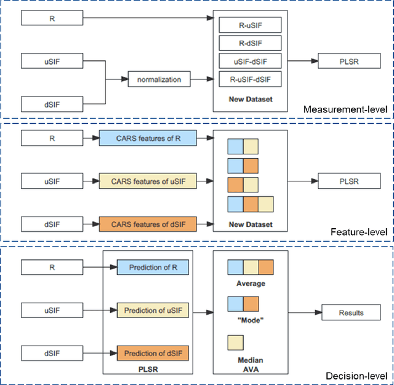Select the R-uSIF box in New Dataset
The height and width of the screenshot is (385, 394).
tap(250, 25)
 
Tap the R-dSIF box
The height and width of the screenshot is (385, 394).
tap(250, 43)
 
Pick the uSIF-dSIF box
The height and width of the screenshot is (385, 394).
tap(250, 61)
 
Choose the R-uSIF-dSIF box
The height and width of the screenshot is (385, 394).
tap(250, 79)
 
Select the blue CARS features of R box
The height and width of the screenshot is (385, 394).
tap(148, 139)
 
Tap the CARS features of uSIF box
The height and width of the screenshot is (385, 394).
tap(148, 181)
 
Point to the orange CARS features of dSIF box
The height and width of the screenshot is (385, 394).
tap(148, 224)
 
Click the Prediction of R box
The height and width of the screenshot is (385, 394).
tap(153, 268)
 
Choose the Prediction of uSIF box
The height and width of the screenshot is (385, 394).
tap(153, 311)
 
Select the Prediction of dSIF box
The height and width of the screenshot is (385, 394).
tap(153, 353)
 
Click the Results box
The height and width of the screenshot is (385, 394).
tap(351, 312)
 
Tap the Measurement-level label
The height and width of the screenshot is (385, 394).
tap(345, 110)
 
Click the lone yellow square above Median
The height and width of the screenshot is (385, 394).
tap(235, 343)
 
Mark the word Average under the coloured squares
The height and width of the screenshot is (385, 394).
tap(251, 284)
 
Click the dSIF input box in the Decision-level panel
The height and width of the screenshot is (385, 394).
tap(52, 353)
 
